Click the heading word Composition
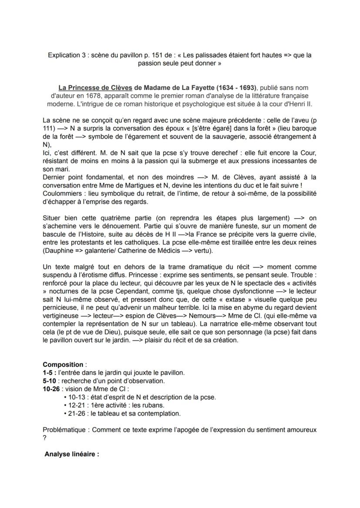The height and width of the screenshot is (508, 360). [63, 365]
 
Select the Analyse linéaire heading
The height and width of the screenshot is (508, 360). [72, 455]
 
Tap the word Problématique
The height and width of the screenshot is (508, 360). [66, 430]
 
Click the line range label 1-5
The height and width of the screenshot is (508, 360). [49, 373]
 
